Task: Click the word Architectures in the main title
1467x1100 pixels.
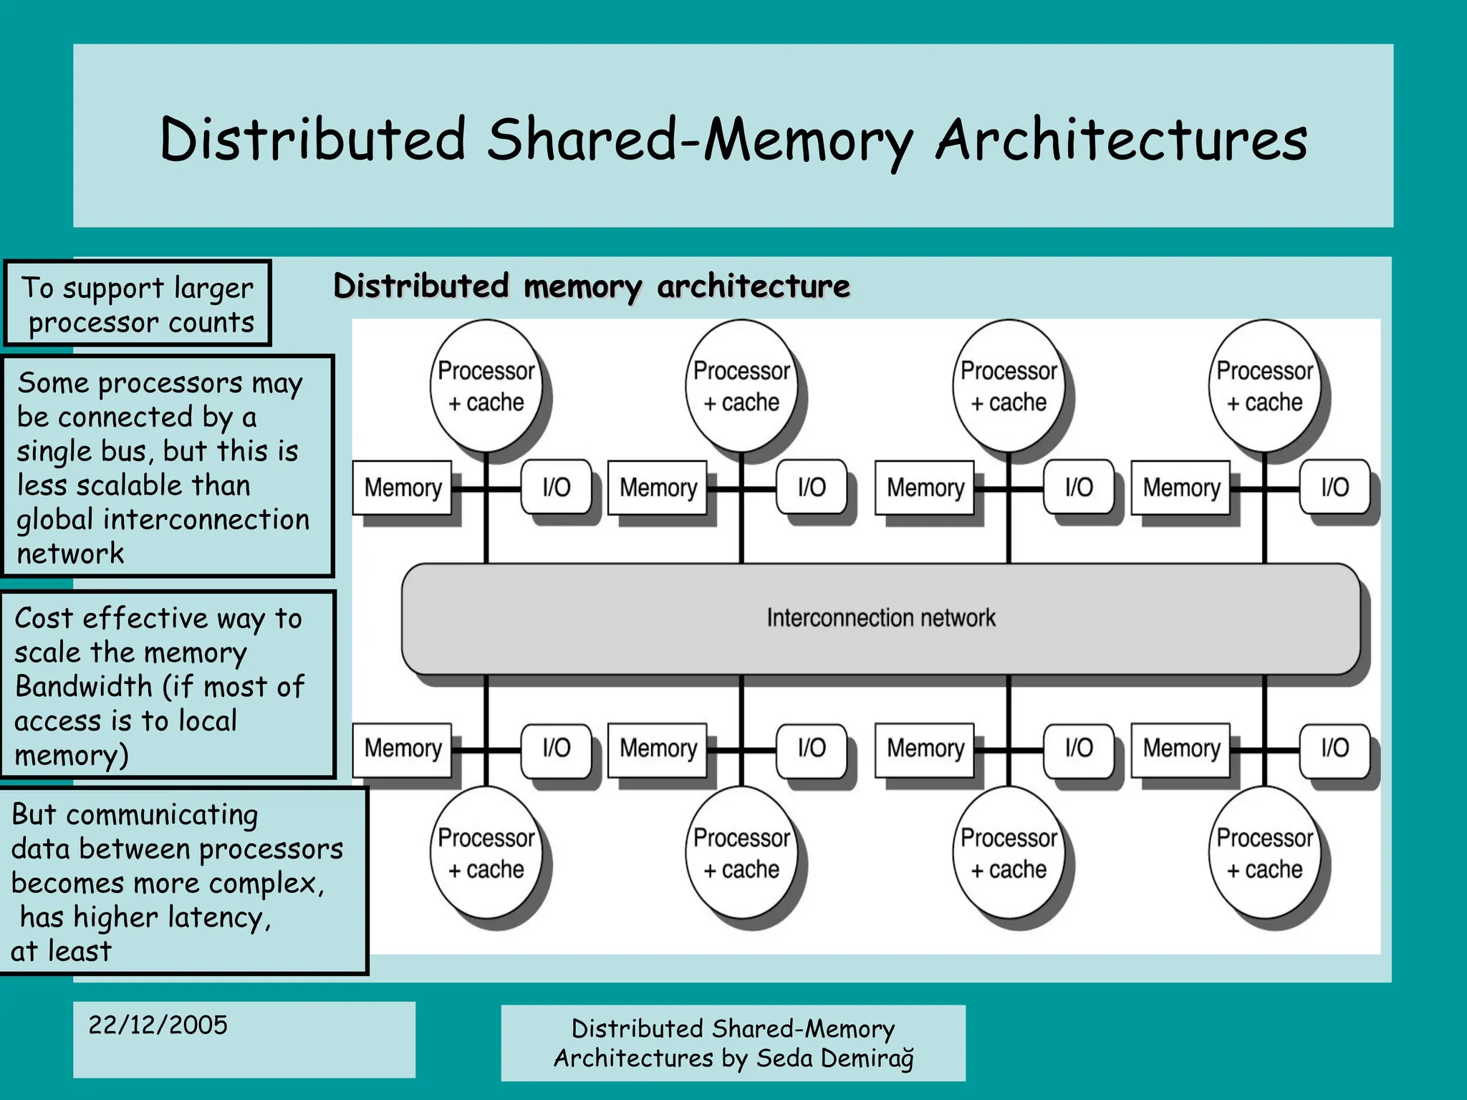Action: coord(1121,140)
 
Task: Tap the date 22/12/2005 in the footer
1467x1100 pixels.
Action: coord(158,1025)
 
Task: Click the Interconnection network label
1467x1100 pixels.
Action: coord(880,617)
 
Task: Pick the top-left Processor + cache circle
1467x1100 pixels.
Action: coord(486,387)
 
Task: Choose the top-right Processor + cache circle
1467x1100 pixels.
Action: coord(1264,387)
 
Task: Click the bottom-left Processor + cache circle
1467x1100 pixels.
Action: coord(486,853)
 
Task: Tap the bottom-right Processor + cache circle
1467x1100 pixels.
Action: coord(1264,853)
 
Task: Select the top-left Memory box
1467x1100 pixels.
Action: coord(403,488)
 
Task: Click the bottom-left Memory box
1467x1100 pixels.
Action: coord(403,748)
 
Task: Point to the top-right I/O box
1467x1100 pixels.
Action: coord(1334,488)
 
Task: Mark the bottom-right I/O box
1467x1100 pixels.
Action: coord(1334,748)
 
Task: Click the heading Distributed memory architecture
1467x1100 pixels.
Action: coord(592,286)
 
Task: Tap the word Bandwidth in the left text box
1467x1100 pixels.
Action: coord(84,687)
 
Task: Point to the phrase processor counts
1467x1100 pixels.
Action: coord(141,323)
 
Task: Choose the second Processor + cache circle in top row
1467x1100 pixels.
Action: coord(741,387)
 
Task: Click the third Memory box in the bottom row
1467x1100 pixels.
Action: coord(925,748)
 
